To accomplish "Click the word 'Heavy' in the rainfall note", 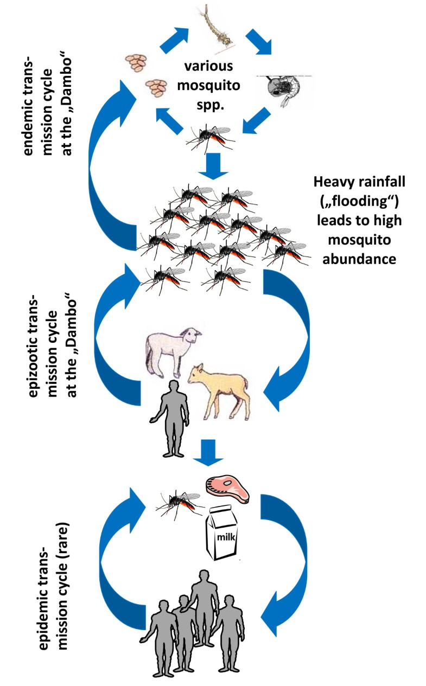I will point(330,182).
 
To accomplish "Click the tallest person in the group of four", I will point(205,613).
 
